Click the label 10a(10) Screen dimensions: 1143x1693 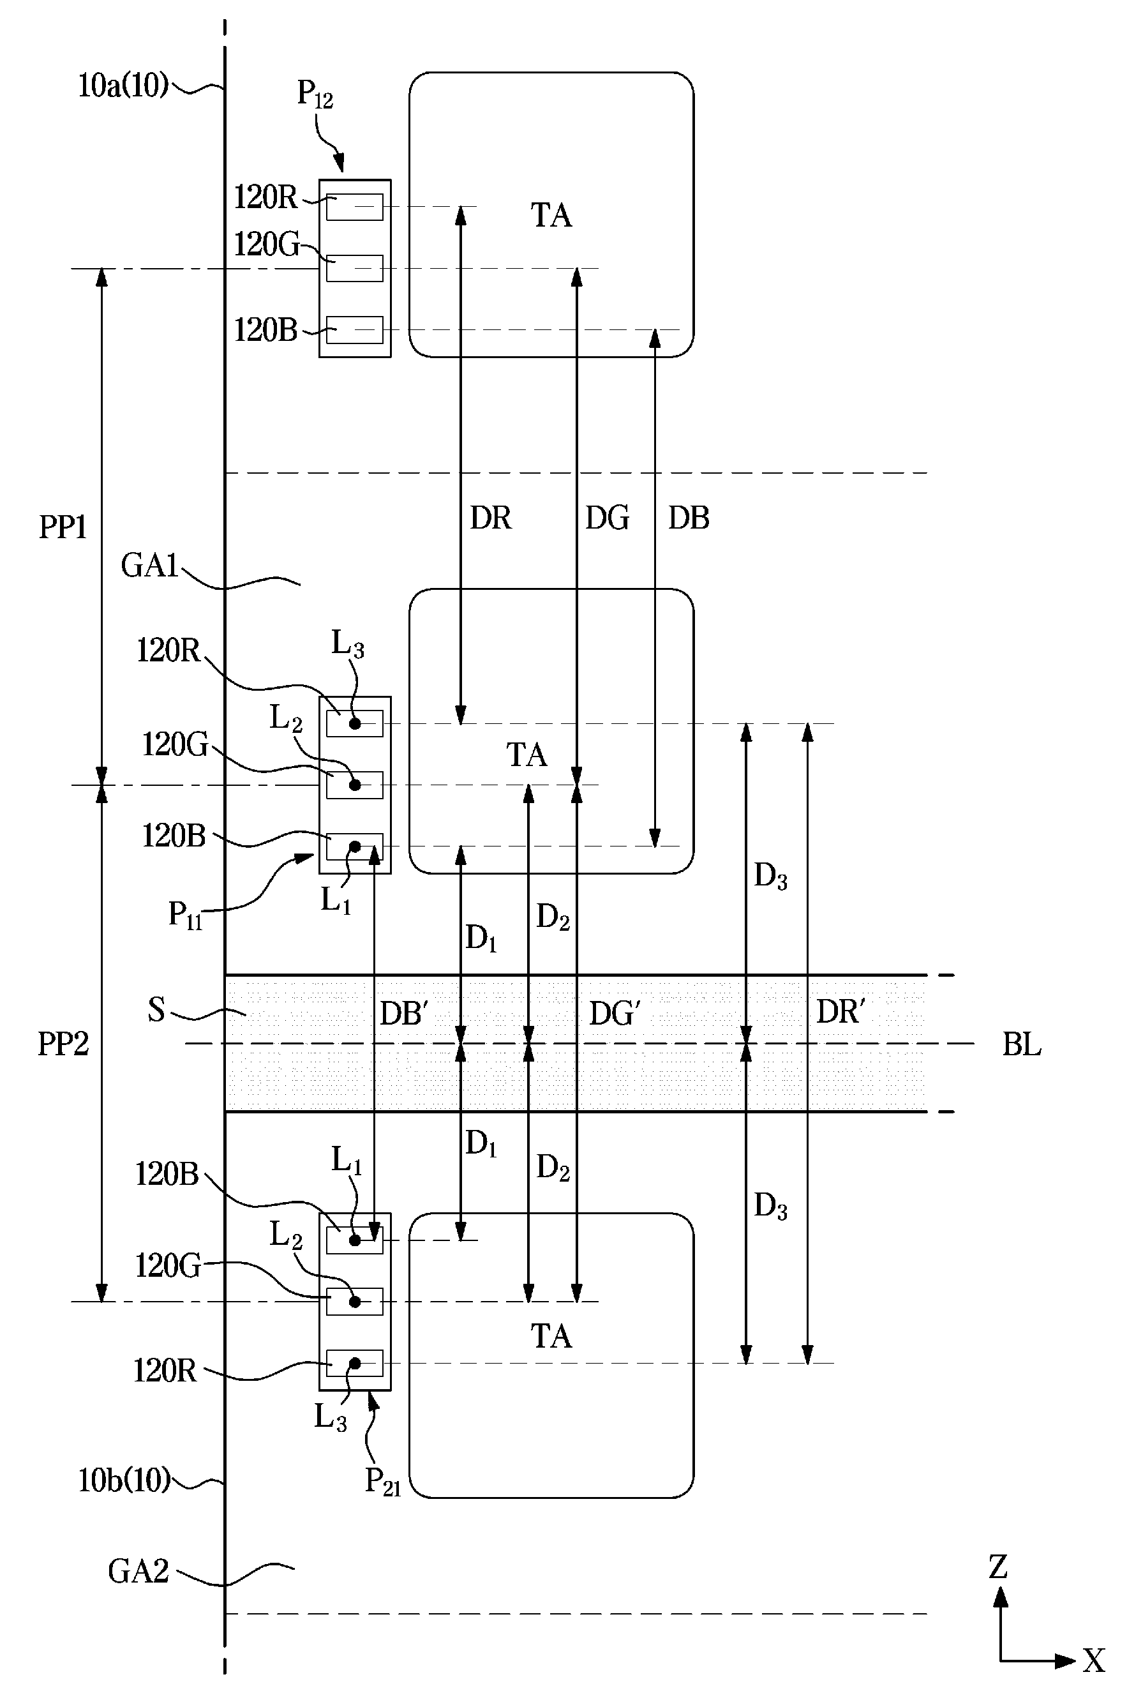[123, 86]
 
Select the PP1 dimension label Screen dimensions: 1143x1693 [63, 527]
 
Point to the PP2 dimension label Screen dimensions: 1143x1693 [63, 1044]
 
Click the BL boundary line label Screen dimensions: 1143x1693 [1021, 1044]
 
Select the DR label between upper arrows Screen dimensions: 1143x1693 [491, 518]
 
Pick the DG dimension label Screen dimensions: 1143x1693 [608, 518]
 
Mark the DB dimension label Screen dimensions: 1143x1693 [689, 518]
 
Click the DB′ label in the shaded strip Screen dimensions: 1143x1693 [403, 1012]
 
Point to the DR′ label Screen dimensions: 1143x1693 [840, 1011]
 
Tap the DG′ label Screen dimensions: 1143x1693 [614, 1013]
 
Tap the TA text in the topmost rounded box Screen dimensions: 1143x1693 [551, 216]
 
